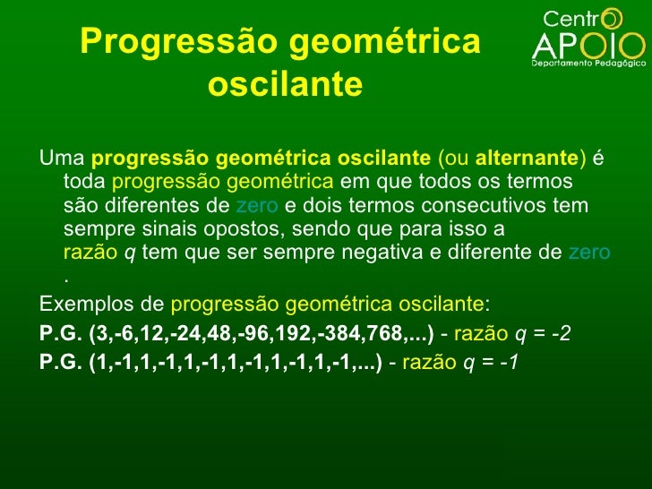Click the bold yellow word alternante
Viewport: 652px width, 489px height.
point(527,159)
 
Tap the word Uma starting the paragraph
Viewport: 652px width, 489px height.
point(62,159)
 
